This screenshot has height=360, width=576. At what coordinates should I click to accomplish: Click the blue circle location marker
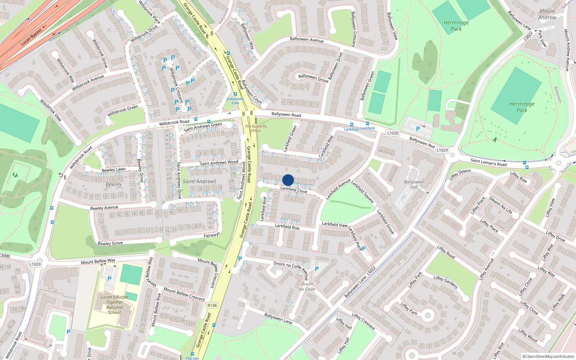(288, 180)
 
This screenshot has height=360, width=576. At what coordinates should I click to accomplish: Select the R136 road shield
(212, 305)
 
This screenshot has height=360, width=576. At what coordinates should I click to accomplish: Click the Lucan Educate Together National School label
(114, 305)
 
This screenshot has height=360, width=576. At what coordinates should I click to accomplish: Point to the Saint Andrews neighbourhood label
(199, 181)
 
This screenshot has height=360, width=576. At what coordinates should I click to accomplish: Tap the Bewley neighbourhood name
(114, 184)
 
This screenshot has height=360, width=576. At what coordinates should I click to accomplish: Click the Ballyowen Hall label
(414, 184)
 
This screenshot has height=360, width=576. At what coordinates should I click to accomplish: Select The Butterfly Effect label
(256, 129)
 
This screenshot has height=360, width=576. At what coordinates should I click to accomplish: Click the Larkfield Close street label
(294, 189)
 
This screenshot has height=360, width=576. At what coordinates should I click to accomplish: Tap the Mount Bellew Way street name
(98, 261)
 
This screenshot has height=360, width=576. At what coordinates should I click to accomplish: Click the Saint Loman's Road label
(489, 162)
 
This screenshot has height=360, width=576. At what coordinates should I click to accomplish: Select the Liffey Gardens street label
(445, 282)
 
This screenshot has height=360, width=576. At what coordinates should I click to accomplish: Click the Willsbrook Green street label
(123, 111)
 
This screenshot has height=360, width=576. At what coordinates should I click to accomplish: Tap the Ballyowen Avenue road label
(306, 39)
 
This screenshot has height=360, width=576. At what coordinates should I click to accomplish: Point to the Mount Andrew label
(547, 14)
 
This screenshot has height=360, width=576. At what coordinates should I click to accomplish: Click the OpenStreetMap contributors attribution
(549, 357)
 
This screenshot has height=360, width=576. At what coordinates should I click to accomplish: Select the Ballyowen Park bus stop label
(235, 101)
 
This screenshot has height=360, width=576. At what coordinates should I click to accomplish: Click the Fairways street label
(212, 235)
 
